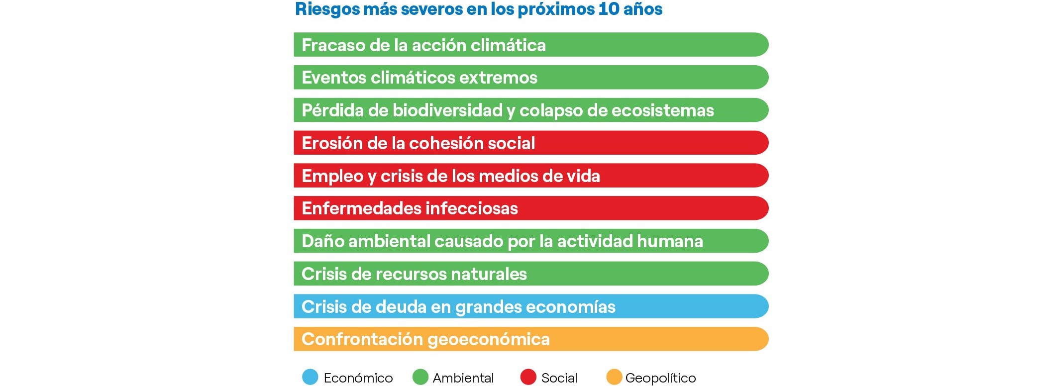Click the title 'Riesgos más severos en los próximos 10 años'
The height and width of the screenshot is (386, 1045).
click(x=479, y=9)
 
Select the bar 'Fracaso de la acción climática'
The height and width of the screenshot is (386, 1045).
click(x=531, y=45)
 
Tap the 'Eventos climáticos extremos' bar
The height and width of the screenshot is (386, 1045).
click(x=531, y=78)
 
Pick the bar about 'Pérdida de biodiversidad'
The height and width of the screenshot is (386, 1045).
click(x=531, y=110)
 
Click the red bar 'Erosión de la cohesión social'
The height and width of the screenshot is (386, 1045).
click(x=531, y=143)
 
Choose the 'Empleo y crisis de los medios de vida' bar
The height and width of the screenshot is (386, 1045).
click(x=531, y=176)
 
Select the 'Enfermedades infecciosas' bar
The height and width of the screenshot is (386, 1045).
click(x=531, y=208)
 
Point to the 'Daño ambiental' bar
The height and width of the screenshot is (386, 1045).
click(x=531, y=241)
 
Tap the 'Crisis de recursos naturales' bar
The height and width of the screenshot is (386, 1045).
click(x=531, y=274)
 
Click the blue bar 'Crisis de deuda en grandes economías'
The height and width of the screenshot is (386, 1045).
click(x=531, y=306)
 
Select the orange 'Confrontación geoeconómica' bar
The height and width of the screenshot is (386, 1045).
click(x=531, y=339)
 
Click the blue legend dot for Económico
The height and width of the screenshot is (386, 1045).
click(x=310, y=377)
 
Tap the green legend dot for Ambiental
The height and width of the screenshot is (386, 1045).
click(x=420, y=377)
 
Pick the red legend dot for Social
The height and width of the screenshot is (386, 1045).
click(x=528, y=377)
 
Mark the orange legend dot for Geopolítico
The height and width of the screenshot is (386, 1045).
click(x=614, y=377)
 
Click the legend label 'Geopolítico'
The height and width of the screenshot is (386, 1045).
click(x=660, y=378)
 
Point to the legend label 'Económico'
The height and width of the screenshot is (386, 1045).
click(x=358, y=378)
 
